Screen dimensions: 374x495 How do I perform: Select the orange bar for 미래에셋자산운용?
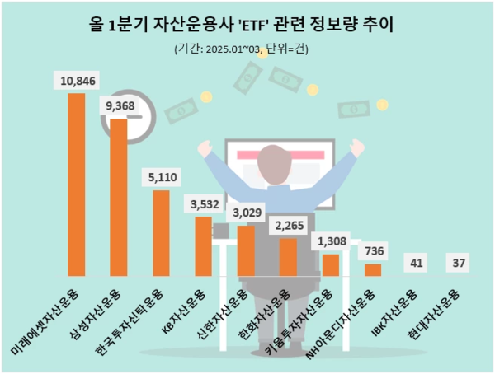tap(76, 184)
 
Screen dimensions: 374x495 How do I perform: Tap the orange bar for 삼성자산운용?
tap(119, 197)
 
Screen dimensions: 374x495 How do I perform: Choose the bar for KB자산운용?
tap(203, 245)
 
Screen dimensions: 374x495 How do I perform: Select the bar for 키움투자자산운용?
tap(331, 264)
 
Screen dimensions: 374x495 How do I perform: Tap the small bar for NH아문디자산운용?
tap(373, 269)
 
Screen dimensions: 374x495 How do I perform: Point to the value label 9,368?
tap(119, 105)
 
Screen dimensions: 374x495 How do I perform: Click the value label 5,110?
tap(161, 177)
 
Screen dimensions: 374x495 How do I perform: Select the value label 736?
tap(373, 250)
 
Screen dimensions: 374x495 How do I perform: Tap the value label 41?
tap(416, 263)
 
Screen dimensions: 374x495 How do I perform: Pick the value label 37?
tap(458, 263)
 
